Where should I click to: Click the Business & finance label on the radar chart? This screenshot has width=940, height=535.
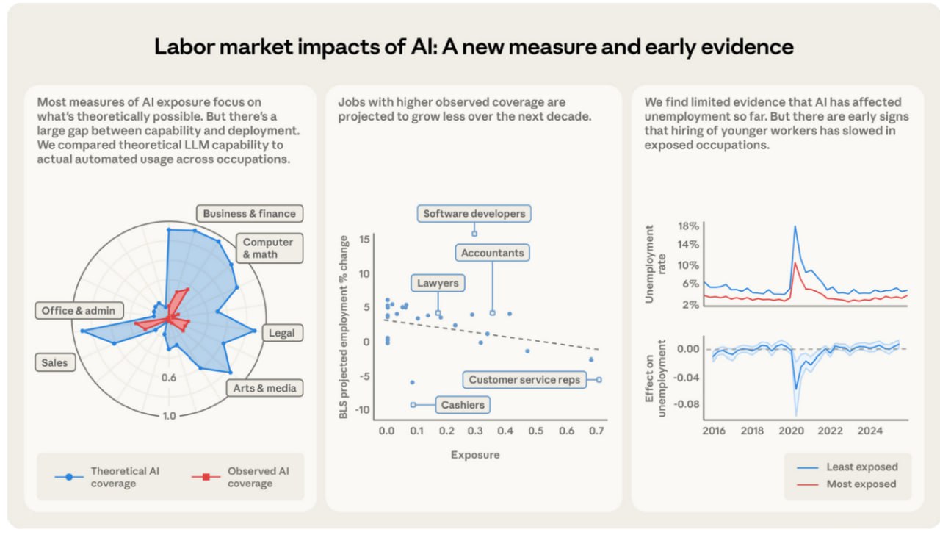[249, 214]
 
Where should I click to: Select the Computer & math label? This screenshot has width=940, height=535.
[268, 248]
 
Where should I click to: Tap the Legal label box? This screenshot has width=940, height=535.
[281, 333]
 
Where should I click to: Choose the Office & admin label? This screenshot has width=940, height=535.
[79, 311]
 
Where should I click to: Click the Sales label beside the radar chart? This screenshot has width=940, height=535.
[54, 362]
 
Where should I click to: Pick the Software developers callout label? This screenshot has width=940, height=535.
[474, 214]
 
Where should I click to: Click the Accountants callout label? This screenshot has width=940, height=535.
[492, 253]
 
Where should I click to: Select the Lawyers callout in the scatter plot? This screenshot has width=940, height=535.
[438, 283]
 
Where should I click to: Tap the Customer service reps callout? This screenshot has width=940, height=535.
[524, 380]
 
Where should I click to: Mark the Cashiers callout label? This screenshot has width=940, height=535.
[463, 405]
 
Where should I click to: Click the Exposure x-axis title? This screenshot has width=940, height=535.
[475, 455]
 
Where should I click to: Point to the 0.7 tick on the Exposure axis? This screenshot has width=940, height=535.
[596, 430]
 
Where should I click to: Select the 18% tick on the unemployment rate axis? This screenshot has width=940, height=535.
[689, 226]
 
